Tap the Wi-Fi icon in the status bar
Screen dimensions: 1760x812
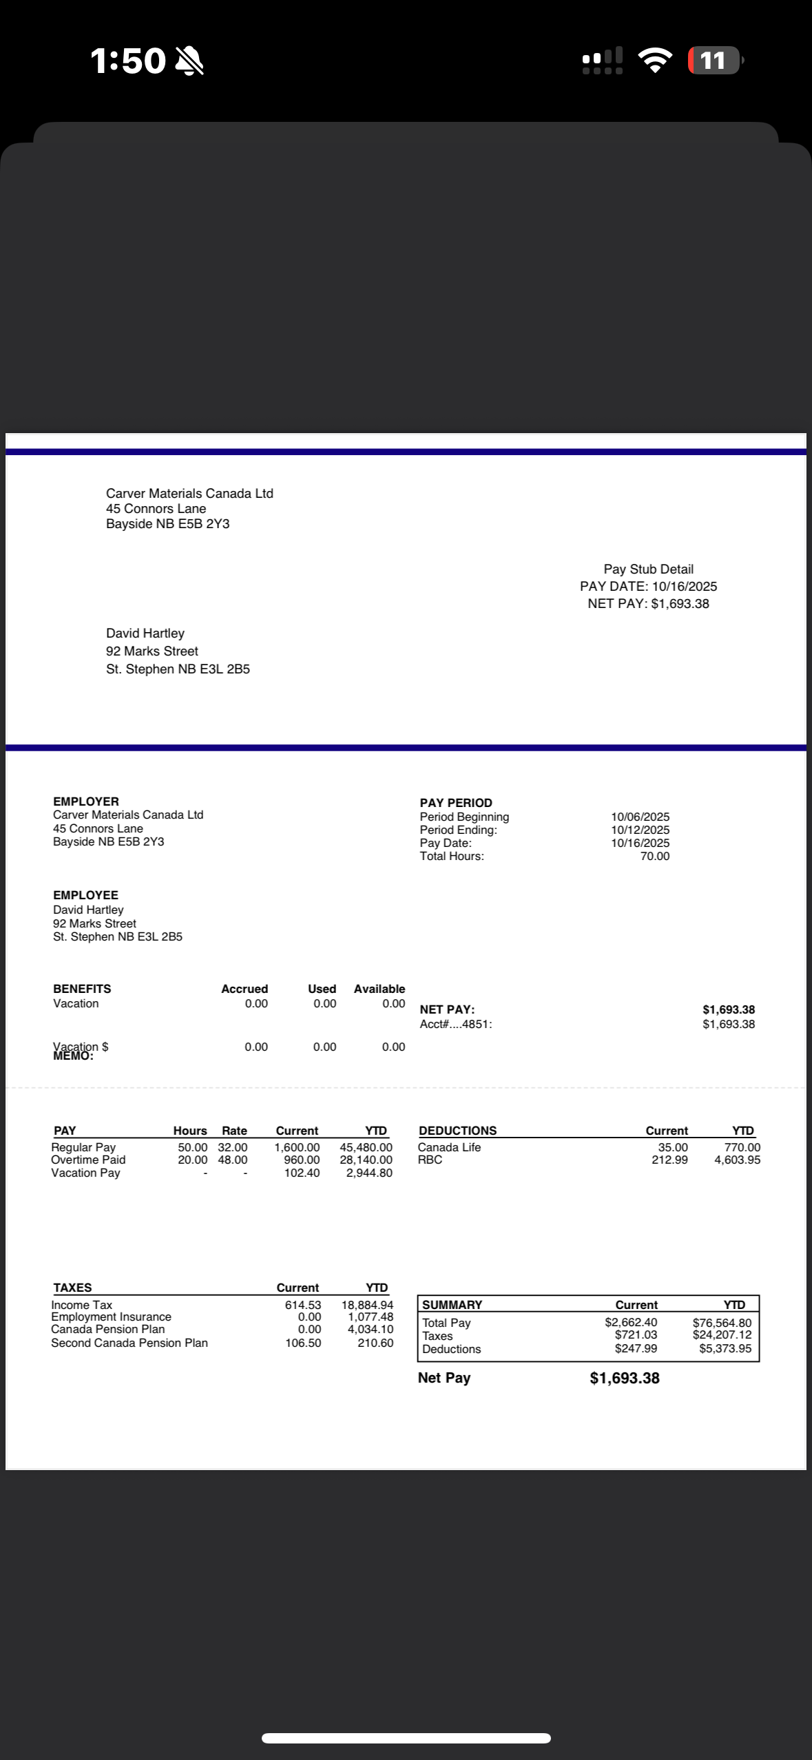click(655, 61)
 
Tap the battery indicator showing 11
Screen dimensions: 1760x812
click(714, 61)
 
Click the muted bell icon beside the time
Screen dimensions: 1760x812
click(189, 61)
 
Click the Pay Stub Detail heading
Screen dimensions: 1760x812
click(648, 569)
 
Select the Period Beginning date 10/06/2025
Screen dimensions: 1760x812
click(640, 817)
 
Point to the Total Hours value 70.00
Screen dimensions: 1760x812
click(654, 856)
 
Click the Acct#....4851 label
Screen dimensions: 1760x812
click(456, 1024)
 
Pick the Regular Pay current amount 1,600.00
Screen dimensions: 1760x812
click(297, 1147)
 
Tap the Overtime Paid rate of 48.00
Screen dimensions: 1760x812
click(233, 1160)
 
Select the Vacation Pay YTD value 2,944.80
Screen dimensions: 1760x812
click(369, 1173)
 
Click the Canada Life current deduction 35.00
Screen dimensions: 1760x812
click(672, 1147)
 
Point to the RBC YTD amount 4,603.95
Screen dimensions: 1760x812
click(737, 1160)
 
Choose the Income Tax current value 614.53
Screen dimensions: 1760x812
click(303, 1305)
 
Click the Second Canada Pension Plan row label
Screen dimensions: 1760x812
click(129, 1343)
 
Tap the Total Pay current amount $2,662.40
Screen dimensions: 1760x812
click(631, 1323)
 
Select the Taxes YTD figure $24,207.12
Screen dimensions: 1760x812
click(722, 1335)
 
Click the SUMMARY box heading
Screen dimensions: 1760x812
click(452, 1305)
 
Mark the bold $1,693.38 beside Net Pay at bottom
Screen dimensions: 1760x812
click(625, 1378)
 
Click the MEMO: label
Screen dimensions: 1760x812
click(73, 1056)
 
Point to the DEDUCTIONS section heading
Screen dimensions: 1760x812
click(457, 1131)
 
